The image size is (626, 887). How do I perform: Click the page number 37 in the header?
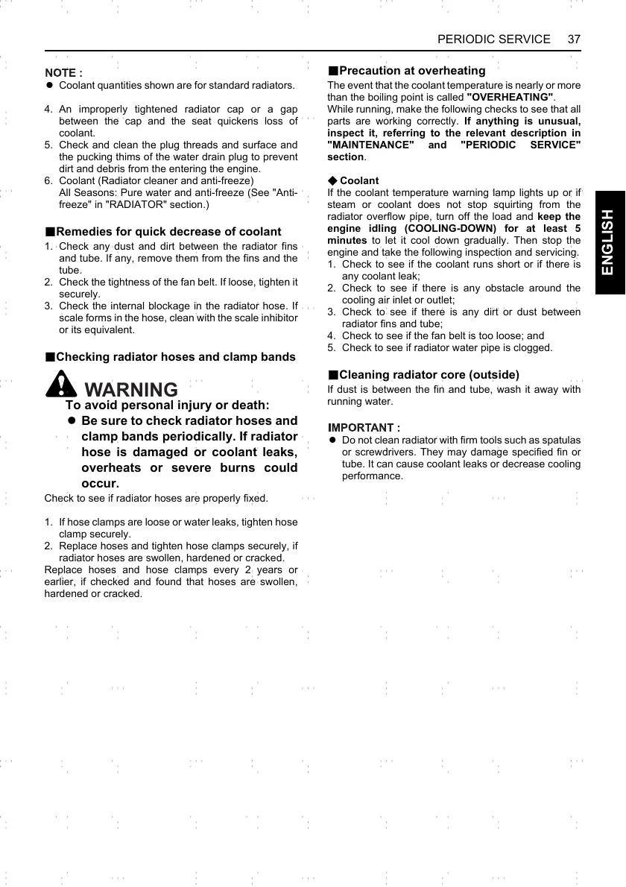click(574, 39)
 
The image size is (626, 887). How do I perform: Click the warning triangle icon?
click(61, 384)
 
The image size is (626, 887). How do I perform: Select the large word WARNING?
click(132, 389)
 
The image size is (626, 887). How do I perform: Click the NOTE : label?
click(63, 73)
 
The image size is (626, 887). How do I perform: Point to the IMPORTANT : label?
click(364, 428)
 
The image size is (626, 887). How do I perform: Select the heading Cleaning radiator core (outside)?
click(429, 374)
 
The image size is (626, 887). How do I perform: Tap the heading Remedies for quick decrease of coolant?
click(168, 232)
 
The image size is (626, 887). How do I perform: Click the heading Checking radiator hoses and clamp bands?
click(175, 357)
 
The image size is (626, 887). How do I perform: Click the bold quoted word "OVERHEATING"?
click(510, 98)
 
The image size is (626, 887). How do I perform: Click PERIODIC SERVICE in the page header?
click(493, 39)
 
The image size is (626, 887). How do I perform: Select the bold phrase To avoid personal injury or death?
click(168, 405)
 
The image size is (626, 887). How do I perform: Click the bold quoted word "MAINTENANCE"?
click(370, 145)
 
